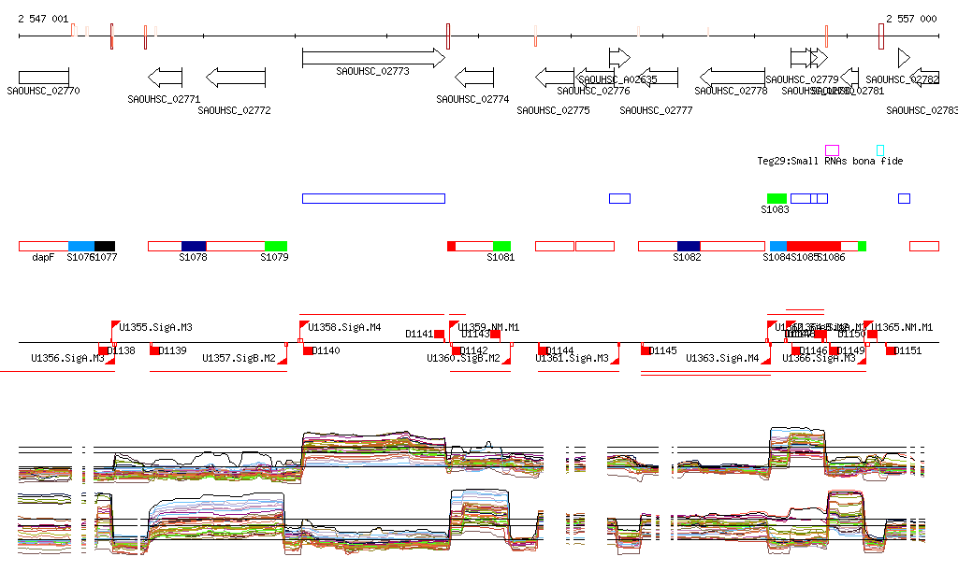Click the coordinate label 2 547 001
click(x=43, y=19)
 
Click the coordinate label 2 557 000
click(x=911, y=19)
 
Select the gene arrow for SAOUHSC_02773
click(x=373, y=58)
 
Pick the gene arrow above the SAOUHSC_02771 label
click(x=166, y=77)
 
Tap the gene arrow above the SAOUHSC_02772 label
click(x=236, y=77)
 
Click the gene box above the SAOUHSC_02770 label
click(x=43, y=76)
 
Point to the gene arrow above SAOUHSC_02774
click(x=474, y=77)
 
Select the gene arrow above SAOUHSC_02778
click(x=732, y=77)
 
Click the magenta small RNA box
click(x=832, y=150)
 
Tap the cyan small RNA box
click(x=880, y=150)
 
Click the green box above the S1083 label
click(x=777, y=198)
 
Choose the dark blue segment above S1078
click(x=194, y=246)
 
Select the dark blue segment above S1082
click(x=689, y=246)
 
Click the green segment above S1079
click(x=276, y=246)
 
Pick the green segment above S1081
click(x=502, y=246)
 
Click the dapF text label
click(x=43, y=257)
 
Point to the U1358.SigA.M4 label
click(x=344, y=327)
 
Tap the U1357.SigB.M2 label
click(x=239, y=358)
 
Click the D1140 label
click(x=327, y=350)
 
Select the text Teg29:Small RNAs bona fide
click(x=830, y=161)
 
